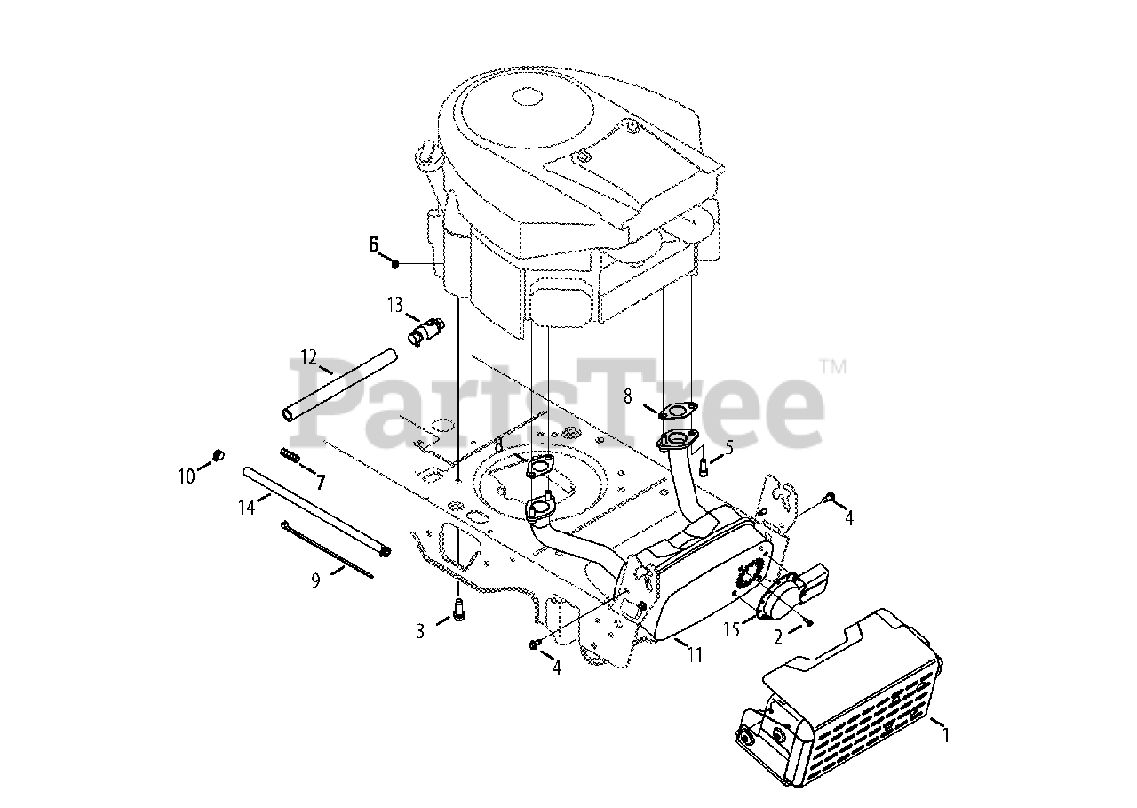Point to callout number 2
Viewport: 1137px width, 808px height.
(x=777, y=636)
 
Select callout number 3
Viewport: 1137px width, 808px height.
(x=420, y=631)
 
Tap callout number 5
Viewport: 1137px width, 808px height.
(x=728, y=447)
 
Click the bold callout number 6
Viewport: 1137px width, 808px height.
(x=374, y=244)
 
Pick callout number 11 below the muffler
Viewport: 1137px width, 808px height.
(x=695, y=656)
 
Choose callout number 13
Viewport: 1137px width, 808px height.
(x=395, y=305)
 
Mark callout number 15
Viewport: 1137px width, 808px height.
(x=731, y=630)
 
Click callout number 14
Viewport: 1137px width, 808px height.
(x=246, y=508)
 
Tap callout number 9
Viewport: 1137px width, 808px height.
(x=314, y=580)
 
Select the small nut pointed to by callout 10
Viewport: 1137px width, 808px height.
(x=218, y=456)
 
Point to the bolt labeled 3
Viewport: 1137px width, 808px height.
(x=459, y=612)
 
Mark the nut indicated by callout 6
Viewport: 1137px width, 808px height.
(x=395, y=264)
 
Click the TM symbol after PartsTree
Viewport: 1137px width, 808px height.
(x=832, y=365)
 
